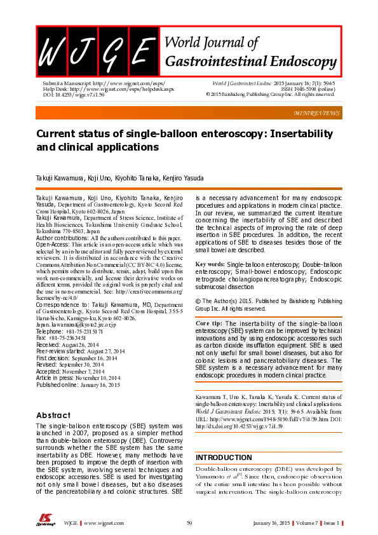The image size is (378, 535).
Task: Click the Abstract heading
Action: click(x=53, y=415)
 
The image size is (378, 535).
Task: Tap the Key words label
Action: click(x=209, y=281)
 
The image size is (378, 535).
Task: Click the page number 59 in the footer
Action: click(x=189, y=522)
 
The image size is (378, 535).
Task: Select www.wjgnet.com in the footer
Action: click(x=104, y=522)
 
